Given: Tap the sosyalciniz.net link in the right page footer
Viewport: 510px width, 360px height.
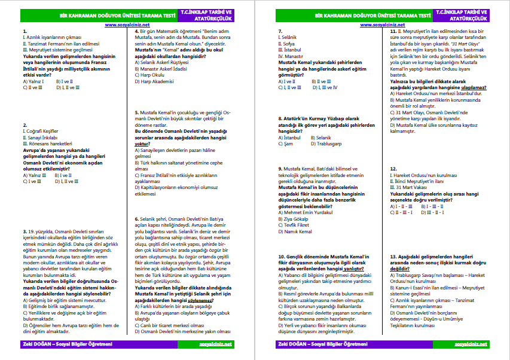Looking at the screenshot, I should click(x=471, y=344).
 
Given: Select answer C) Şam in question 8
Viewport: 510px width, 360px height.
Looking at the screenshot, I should click(x=286, y=144).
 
